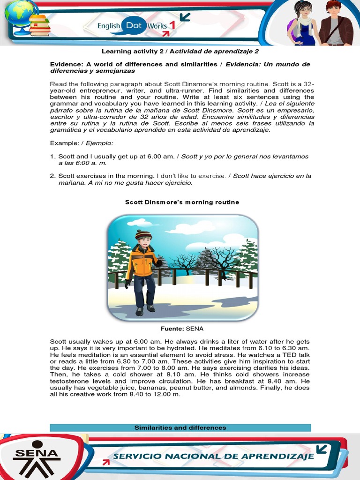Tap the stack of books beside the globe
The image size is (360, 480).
[x=40, y=25]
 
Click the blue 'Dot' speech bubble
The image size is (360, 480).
[x=133, y=26]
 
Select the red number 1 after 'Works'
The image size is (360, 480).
[x=172, y=26]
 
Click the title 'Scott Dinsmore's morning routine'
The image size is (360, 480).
[x=182, y=202]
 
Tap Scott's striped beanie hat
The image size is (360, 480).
[x=143, y=234]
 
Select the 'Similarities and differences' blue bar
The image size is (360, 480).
[x=180, y=427]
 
